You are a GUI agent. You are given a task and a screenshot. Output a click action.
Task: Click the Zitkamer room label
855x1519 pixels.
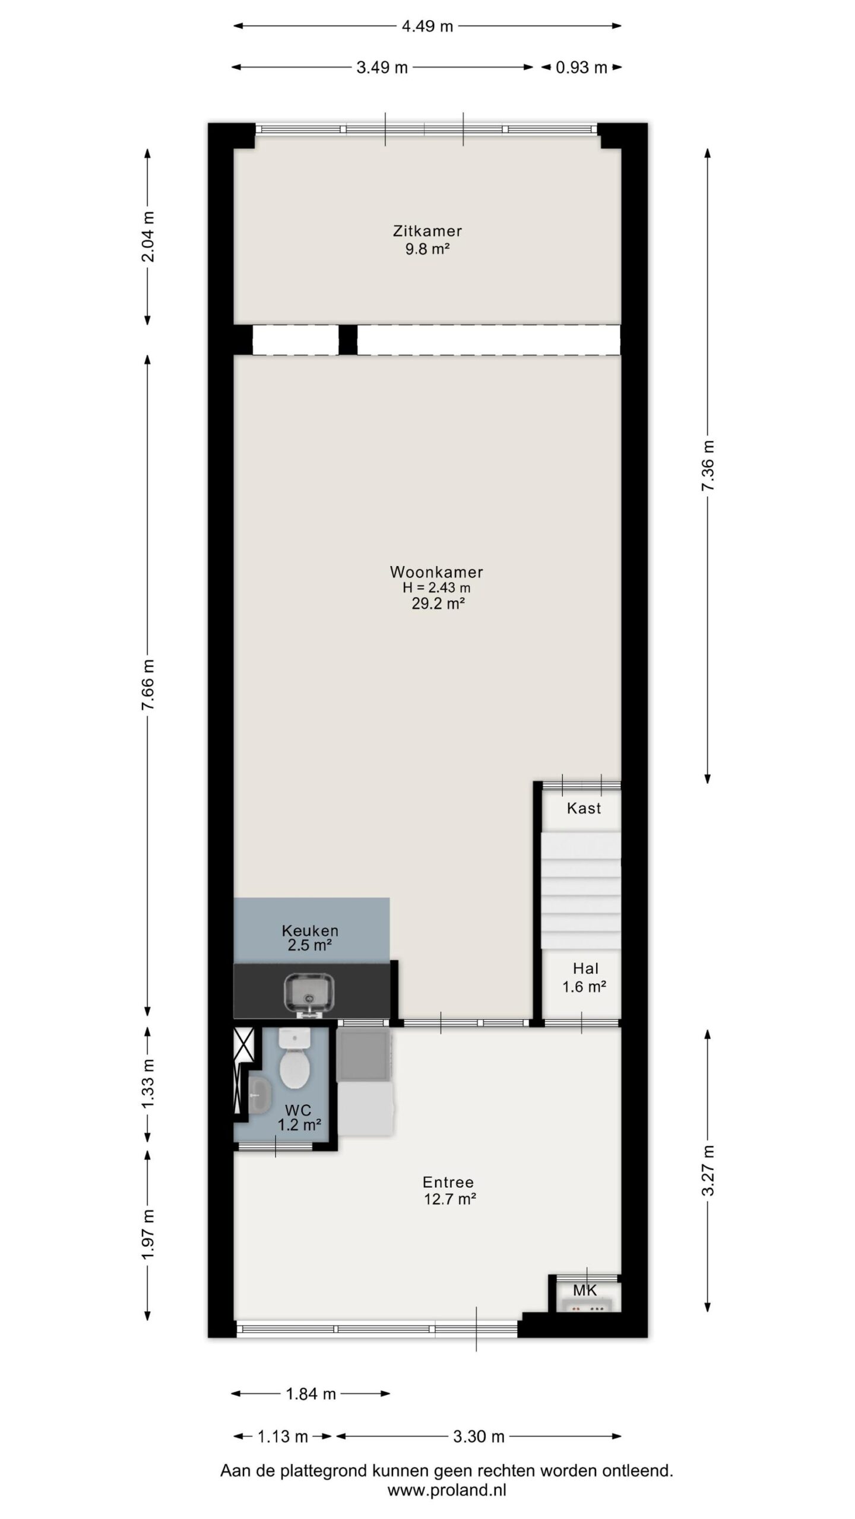(x=427, y=231)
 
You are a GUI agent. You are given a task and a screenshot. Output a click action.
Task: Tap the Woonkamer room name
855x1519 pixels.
(x=436, y=572)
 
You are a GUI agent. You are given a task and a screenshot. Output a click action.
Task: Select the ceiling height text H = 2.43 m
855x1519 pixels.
(x=436, y=588)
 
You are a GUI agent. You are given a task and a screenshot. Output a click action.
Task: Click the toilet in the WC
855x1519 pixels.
(x=295, y=1059)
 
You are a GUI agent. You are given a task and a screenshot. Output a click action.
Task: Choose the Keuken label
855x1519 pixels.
(x=310, y=930)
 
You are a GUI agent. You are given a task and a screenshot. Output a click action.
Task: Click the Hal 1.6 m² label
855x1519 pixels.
(x=584, y=977)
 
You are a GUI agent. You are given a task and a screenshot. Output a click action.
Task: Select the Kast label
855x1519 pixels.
(x=584, y=808)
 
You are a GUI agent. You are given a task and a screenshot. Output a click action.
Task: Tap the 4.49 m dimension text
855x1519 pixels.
(x=427, y=26)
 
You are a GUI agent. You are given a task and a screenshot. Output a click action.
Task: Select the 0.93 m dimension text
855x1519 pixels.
(x=581, y=68)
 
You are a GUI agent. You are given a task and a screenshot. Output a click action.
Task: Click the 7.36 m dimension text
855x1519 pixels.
(x=708, y=466)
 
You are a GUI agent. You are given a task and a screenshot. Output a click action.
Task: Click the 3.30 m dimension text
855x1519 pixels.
(x=479, y=1437)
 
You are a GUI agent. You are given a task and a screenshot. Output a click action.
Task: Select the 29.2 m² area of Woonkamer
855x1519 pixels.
(x=438, y=604)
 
